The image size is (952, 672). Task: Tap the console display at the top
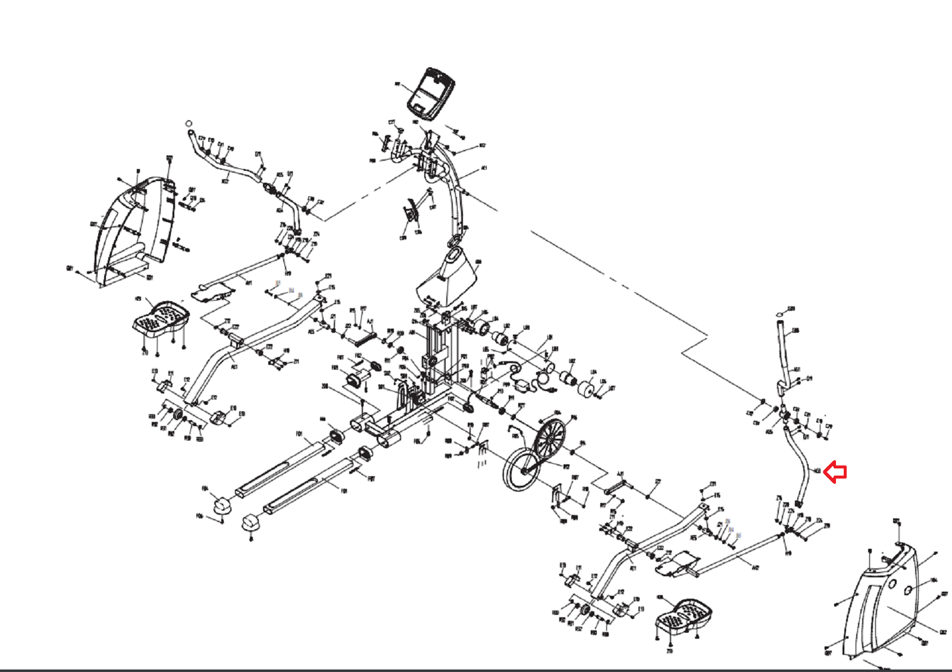click(x=431, y=93)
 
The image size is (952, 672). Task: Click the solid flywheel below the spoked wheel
click(x=521, y=470)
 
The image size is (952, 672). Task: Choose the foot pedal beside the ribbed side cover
click(x=160, y=319)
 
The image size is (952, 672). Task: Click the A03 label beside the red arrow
click(x=818, y=471)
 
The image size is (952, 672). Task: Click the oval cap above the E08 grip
click(x=781, y=313)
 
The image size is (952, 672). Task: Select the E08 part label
click(x=796, y=331)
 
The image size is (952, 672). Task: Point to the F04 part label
click(x=205, y=489)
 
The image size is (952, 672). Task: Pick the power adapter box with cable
click(x=524, y=386)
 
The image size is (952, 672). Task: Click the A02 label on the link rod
click(x=755, y=568)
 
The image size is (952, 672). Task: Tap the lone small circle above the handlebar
click(x=189, y=123)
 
